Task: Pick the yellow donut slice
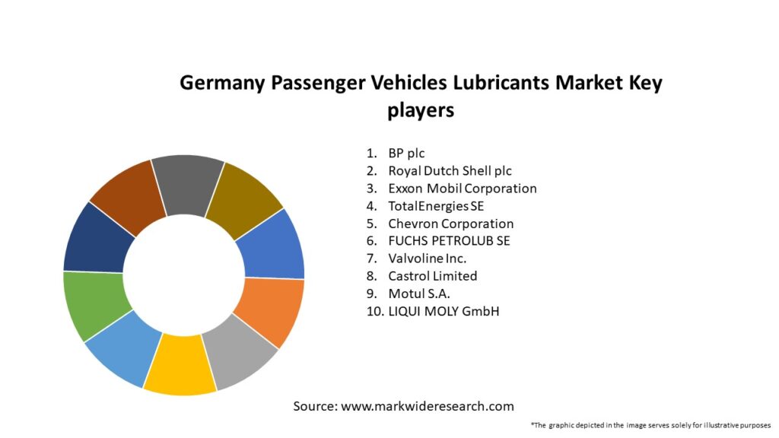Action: click(180, 367)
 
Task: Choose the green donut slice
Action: click(94, 304)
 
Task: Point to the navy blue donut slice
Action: click(97, 238)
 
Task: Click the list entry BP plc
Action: click(406, 154)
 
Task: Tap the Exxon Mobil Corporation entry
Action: click(462, 189)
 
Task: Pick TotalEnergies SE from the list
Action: click(436, 206)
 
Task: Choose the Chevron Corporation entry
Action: click(450, 224)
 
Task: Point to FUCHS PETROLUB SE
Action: click(449, 241)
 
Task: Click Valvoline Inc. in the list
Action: click(427, 259)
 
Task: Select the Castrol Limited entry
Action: click(432, 276)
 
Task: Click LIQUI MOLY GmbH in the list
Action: click(444, 311)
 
